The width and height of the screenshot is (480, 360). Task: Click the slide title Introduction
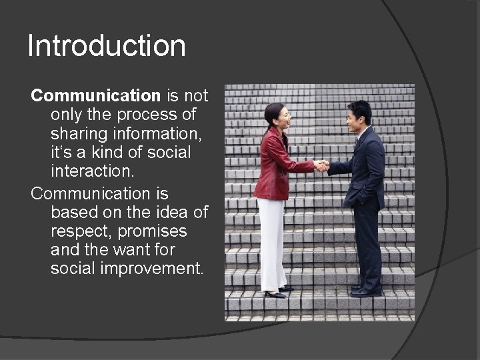coord(107,46)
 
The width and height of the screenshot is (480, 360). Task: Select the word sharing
coord(79,134)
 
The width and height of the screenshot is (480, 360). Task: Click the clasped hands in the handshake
coord(321,165)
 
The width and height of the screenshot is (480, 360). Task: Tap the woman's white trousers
coord(272,243)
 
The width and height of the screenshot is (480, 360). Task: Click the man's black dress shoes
coord(363,291)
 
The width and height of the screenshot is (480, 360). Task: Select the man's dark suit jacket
coord(367,167)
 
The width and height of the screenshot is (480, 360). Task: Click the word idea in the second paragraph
coord(164,213)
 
